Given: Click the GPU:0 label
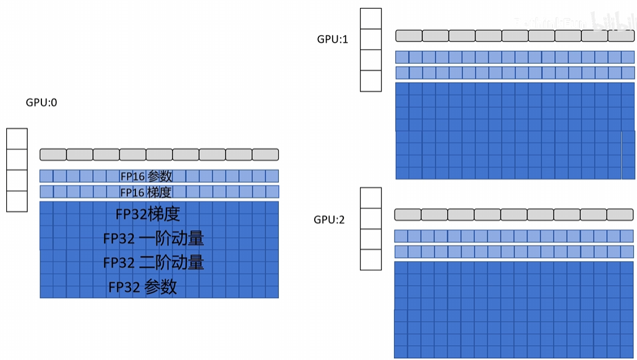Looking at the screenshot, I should tap(41, 103).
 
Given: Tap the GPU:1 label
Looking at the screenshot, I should tap(333, 39).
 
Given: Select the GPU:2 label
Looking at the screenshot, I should tap(329, 219).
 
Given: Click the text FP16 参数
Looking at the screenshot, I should tap(147, 176).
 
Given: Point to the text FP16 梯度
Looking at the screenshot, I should tap(147, 192).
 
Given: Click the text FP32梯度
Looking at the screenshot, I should tap(148, 215).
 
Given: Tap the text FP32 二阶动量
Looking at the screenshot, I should tap(153, 262).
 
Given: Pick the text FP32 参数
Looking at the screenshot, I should tap(143, 286).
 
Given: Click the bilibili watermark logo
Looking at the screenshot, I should tap(612, 22).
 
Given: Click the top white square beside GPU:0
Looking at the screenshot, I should tap(17, 139).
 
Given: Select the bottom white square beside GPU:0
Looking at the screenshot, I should tap(17, 201).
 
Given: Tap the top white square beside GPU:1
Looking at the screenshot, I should tap(371, 19).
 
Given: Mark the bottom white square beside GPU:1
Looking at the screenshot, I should tap(371, 81).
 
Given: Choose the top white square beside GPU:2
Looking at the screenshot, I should tap(371, 198).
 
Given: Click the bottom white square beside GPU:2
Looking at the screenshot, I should tap(371, 260).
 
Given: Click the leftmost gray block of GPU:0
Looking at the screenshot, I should tap(53, 154).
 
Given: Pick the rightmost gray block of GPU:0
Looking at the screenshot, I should tap(265, 154).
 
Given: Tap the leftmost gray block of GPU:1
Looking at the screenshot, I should tap(408, 36).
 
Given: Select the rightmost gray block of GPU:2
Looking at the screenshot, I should tap(620, 215).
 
